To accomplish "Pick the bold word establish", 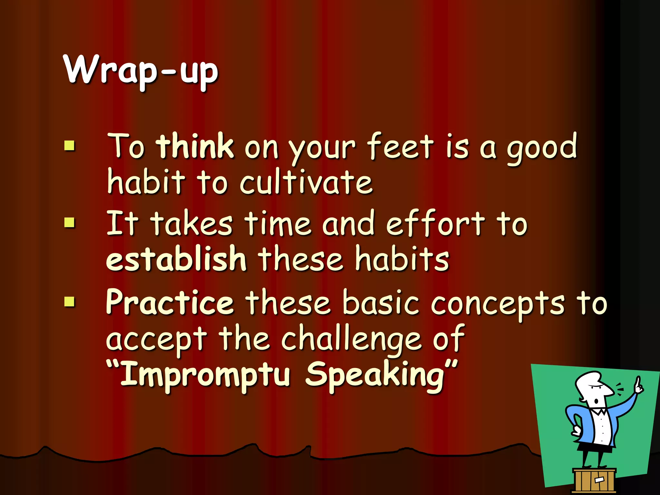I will point(176,259).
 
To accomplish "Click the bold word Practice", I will point(170,302).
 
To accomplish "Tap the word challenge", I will point(351,339).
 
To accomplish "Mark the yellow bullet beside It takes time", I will point(69,222).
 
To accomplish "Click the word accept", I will point(157,340).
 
